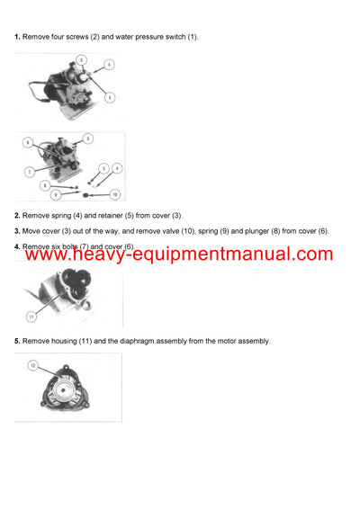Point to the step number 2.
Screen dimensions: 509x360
[17, 216]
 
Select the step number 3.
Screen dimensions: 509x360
[17, 231]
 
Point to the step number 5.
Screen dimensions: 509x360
[17, 341]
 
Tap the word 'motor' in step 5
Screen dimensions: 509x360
[224, 341]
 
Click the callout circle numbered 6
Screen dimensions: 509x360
[27, 143]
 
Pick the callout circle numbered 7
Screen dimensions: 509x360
[30, 171]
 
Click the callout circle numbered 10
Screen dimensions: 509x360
[114, 194]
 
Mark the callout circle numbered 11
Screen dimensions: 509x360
[31, 317]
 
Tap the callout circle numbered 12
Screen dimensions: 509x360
[33, 366]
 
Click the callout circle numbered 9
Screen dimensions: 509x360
[56, 194]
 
